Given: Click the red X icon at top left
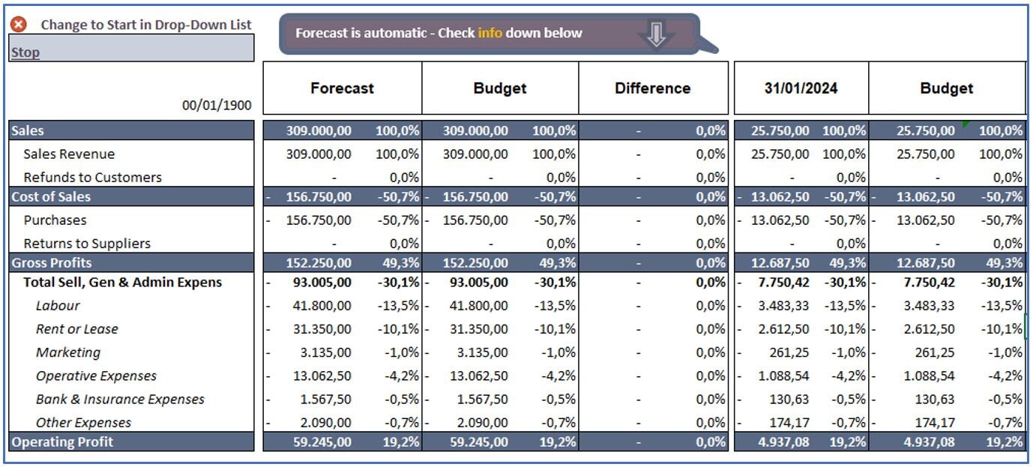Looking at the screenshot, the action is point(19,24).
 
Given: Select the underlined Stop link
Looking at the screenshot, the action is point(25,52).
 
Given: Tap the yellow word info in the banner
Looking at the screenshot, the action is point(490,33).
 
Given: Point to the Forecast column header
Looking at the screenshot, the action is point(342,88).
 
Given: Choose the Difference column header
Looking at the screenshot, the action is point(652,88).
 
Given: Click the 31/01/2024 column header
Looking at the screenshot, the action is point(801,88).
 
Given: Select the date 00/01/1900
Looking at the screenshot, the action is point(217,106).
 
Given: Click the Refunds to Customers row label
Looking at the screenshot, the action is point(93,178).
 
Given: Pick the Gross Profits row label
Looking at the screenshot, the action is point(52,263).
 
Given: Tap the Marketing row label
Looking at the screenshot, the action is point(68,352).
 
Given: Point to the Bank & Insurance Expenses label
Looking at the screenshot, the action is point(120,400).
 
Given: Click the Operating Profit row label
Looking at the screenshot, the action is point(62,442).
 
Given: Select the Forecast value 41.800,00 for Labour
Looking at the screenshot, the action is point(322,306).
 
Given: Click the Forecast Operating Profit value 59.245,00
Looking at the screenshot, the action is point(322,442).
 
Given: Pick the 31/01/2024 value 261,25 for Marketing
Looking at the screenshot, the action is point(789,352).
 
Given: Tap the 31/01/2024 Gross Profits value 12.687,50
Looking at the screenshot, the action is point(780,263).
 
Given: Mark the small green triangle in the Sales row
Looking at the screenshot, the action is point(966,124).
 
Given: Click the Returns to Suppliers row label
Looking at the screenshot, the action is point(87,244).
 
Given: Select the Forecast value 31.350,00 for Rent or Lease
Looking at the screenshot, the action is point(322,329).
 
